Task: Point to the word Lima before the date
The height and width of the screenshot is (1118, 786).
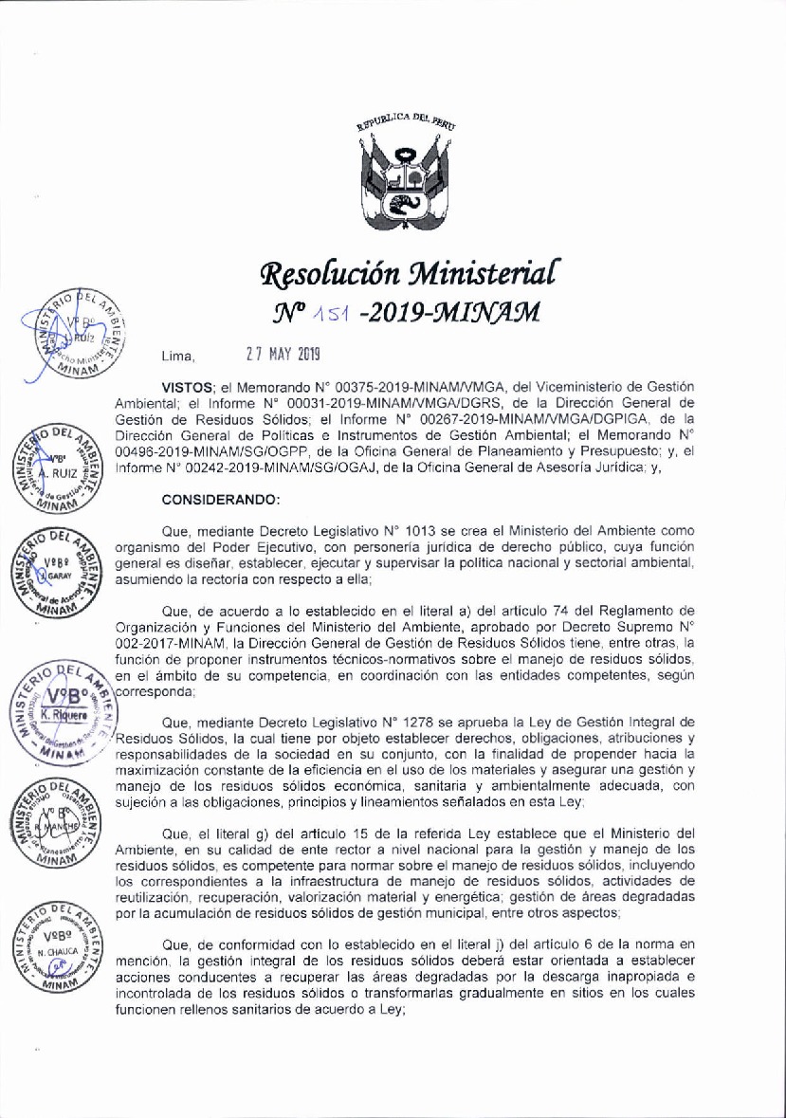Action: click(177, 357)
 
